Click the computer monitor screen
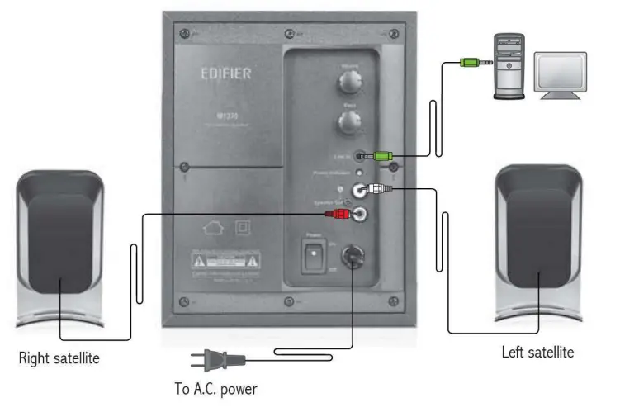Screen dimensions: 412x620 [561, 71]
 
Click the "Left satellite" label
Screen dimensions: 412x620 [537, 353]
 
